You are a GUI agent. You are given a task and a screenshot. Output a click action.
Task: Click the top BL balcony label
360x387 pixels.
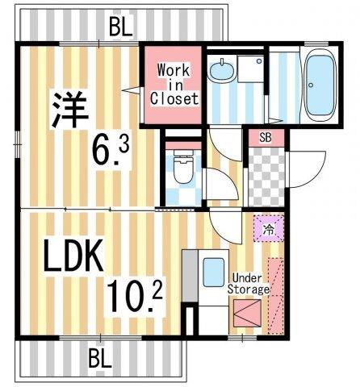tap(120, 27)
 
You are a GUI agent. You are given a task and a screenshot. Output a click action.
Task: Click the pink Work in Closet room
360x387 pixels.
tap(174, 85)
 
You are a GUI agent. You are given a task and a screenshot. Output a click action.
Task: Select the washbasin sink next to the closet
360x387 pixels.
tap(220, 73)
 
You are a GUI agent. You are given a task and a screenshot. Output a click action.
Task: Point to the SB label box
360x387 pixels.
tap(266, 136)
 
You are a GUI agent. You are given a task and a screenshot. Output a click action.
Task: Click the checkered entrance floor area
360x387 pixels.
tap(265, 175)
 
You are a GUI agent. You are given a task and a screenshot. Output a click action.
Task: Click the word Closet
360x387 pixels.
tap(174, 99)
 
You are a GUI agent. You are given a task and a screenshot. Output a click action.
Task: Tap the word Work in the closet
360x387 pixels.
tap(174, 70)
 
